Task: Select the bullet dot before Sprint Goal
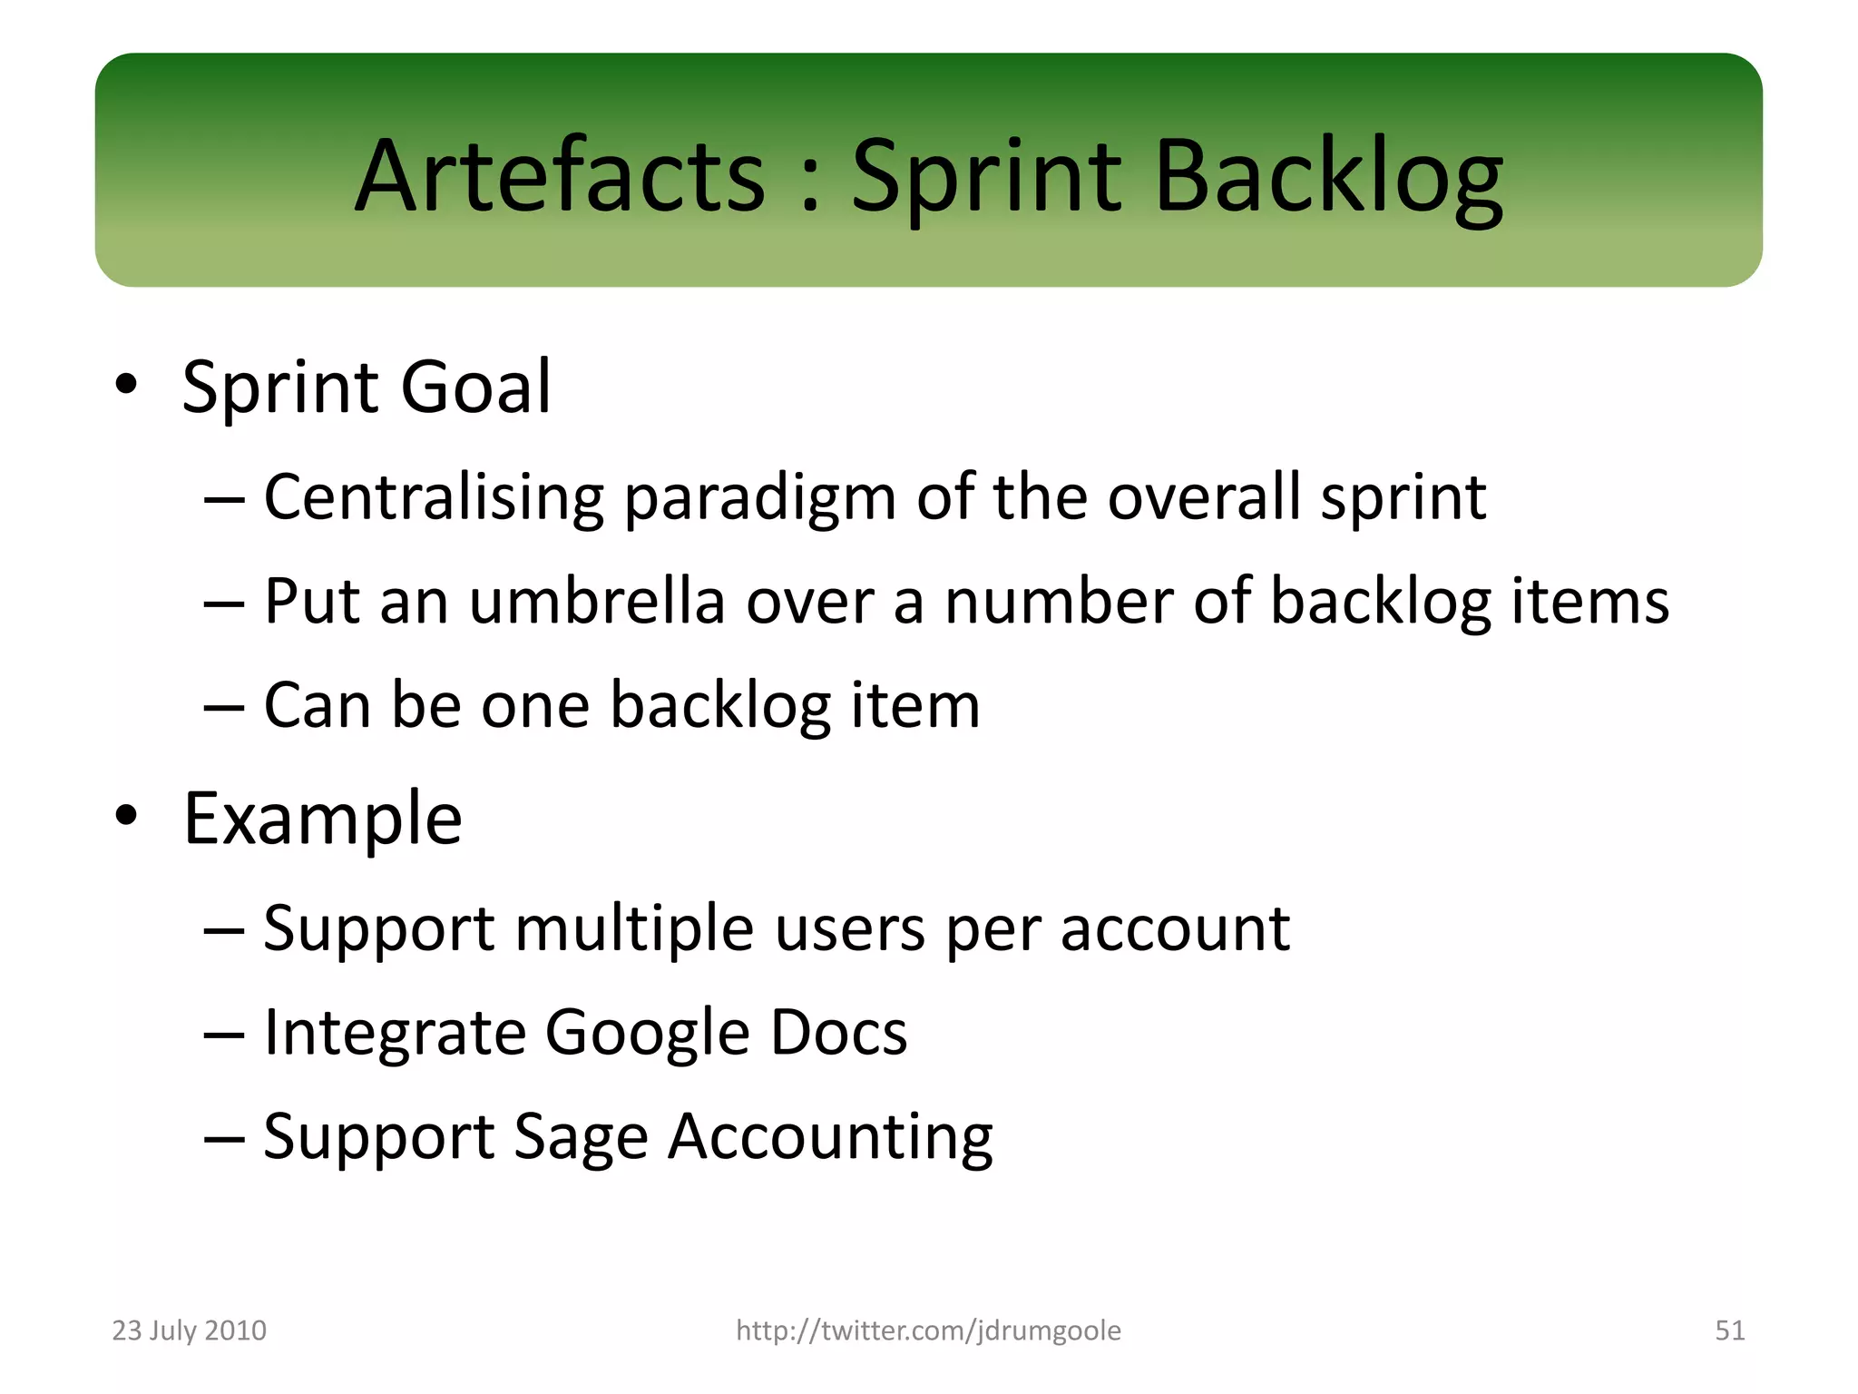(126, 385)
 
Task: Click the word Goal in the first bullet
(475, 387)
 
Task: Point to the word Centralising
(434, 497)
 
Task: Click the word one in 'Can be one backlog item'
(535, 706)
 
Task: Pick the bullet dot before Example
(126, 816)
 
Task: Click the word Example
(322, 820)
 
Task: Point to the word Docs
(838, 1033)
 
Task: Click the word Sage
(581, 1138)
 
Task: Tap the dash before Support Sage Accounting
(224, 1138)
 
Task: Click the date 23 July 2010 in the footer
(189, 1330)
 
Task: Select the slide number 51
(1729, 1330)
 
